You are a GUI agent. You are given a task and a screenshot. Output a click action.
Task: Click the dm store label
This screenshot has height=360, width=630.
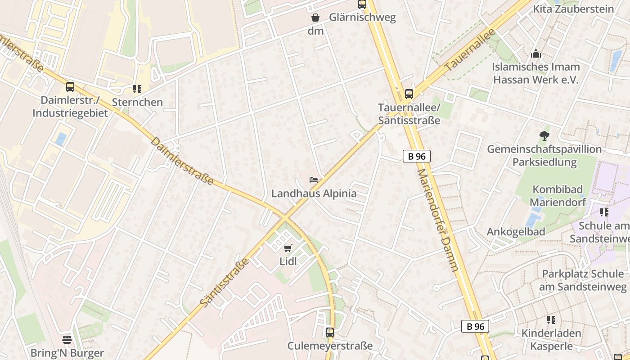[315, 31]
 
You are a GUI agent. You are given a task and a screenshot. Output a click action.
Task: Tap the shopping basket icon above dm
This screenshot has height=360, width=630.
[315, 18]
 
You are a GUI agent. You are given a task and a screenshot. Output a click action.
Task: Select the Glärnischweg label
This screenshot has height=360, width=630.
[362, 18]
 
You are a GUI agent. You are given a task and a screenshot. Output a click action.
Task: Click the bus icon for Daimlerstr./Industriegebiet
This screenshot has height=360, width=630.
[70, 87]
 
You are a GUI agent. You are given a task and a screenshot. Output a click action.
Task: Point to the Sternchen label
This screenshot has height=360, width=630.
[137, 102]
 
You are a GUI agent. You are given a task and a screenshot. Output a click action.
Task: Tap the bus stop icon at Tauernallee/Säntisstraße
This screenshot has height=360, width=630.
[409, 94]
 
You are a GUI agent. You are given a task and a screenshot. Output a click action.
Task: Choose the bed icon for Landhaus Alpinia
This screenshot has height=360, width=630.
[314, 180]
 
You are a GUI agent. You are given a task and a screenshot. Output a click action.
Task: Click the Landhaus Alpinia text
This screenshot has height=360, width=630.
[314, 193]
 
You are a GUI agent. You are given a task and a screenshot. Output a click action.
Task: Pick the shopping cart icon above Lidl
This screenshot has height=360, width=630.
[288, 248]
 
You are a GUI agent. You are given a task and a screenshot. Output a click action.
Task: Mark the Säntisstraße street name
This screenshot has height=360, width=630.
[224, 283]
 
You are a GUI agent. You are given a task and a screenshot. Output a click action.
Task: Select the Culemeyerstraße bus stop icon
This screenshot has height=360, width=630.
[330, 333]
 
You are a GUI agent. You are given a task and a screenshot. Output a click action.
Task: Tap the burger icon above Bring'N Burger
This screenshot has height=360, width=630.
[67, 340]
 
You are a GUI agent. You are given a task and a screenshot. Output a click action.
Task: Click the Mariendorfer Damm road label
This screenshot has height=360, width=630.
[437, 220]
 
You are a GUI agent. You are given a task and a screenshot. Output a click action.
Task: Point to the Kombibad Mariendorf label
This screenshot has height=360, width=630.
[558, 196]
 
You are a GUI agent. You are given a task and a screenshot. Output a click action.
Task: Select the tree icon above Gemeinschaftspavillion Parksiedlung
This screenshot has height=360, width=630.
[544, 135]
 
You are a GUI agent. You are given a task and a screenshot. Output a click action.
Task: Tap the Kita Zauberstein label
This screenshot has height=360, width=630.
[573, 9]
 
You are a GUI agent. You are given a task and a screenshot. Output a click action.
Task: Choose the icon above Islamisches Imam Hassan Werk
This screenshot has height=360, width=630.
[535, 54]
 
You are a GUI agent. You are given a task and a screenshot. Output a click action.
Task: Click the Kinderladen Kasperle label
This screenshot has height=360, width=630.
[551, 340]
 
